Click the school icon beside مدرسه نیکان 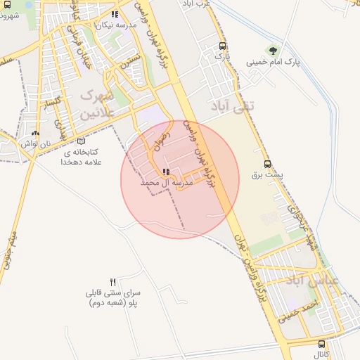115,14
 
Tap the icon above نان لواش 37,133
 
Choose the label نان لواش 37,143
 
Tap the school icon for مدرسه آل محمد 165,172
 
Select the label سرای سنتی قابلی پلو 113,298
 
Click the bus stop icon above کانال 322,345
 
